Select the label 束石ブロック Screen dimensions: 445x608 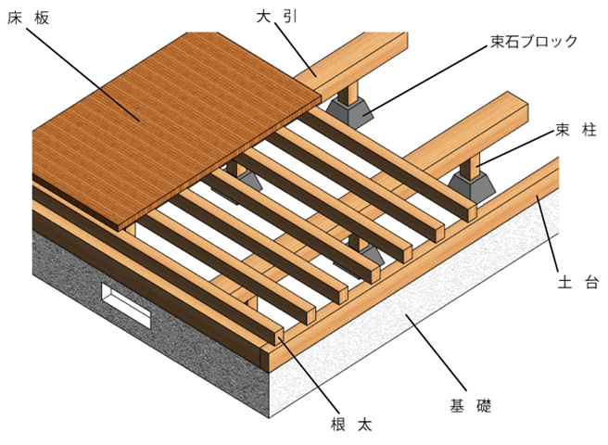pos(535,41)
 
